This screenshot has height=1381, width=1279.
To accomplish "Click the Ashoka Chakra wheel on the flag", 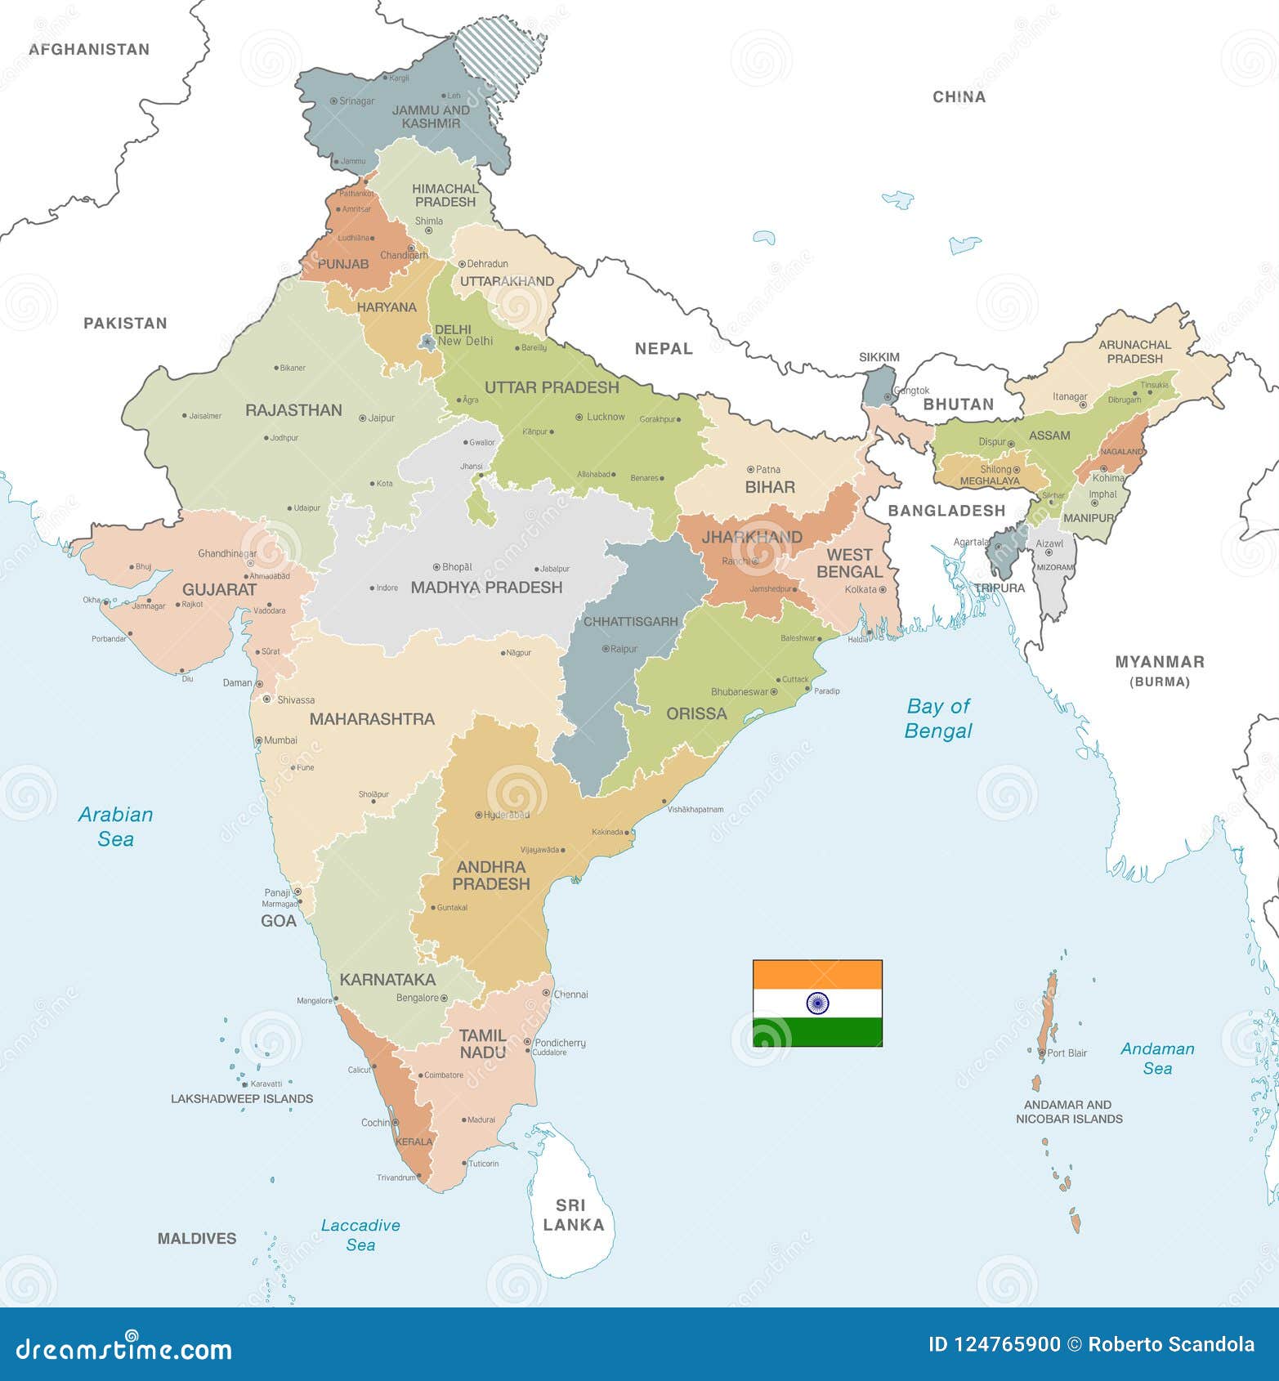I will (x=817, y=1003).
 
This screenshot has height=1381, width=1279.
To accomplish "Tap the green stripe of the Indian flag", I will (x=817, y=1032).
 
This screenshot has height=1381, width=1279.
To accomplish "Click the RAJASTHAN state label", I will (x=293, y=410).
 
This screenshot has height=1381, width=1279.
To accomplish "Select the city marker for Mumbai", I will (x=259, y=740).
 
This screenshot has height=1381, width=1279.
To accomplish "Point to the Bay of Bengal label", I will (x=938, y=718).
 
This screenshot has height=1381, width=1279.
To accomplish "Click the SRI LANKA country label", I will (x=574, y=1215).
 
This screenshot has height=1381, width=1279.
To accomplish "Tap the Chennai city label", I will (x=570, y=994).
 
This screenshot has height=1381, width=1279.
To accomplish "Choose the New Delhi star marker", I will (x=427, y=341).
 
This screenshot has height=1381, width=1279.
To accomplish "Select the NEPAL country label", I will (x=664, y=349).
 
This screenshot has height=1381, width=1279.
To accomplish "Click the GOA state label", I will (x=279, y=921).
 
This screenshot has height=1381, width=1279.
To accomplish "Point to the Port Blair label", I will (x=1067, y=1053).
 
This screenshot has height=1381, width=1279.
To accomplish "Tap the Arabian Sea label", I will (x=115, y=826).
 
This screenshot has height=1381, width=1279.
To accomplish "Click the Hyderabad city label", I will (x=507, y=815).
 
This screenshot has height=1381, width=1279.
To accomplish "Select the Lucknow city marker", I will (x=579, y=417).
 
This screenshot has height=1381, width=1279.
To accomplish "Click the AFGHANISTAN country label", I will (x=89, y=49).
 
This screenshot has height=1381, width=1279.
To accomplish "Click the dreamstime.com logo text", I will (x=124, y=1347).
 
